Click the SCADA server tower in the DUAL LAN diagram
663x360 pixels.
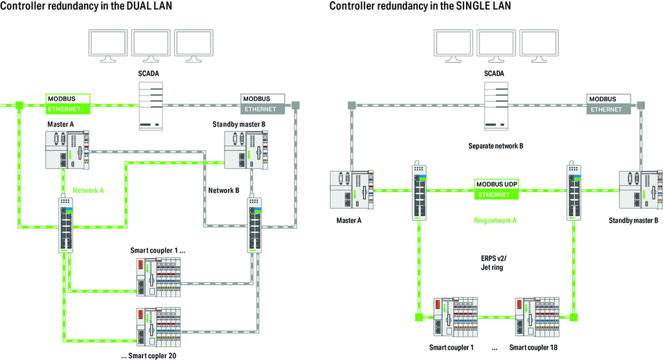click(151, 106)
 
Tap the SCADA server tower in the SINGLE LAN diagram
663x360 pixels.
click(496, 106)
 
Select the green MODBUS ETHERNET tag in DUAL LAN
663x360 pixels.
click(68, 104)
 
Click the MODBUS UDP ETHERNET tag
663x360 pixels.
click(497, 190)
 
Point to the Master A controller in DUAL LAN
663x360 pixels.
click(68, 150)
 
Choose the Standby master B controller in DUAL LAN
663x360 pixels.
click(246, 150)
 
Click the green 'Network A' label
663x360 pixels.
click(88, 190)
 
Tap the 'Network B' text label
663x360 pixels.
click(223, 190)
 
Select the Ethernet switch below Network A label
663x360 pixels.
click(66, 224)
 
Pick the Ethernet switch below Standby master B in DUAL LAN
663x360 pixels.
click(255, 224)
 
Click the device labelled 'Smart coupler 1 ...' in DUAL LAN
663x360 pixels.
click(158, 277)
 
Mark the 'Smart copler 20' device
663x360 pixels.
click(158, 327)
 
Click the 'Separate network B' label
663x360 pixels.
click(495, 146)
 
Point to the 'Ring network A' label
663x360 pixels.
click(495, 220)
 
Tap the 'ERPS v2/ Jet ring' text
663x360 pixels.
click(493, 263)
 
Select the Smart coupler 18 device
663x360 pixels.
click(538, 318)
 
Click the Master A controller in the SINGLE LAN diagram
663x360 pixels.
click(352, 190)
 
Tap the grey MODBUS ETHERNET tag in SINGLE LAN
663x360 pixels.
click(609, 104)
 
